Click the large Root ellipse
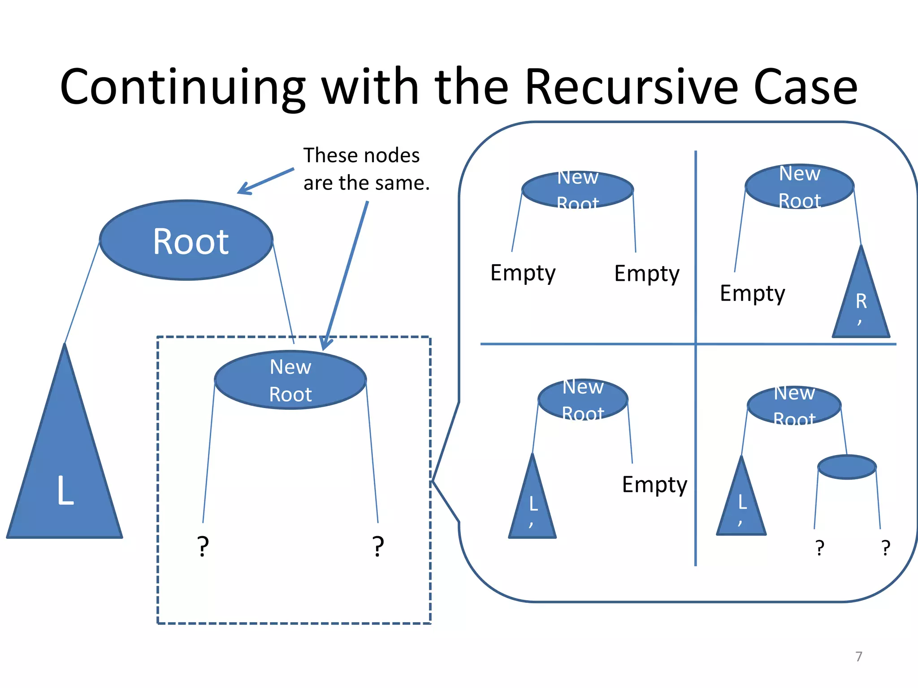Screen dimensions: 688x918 tap(186, 241)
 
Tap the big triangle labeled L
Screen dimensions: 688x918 tap(65, 470)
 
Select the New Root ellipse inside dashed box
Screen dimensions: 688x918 tap(290, 380)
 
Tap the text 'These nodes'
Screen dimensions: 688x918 tap(361, 155)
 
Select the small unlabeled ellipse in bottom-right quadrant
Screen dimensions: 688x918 tap(847, 467)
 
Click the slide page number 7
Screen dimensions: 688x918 tap(858, 656)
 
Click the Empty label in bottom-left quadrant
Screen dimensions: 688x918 tap(654, 485)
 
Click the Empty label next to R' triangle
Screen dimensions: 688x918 tap(752, 294)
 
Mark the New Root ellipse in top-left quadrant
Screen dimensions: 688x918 tap(578, 190)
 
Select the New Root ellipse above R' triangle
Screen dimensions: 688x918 tap(799, 186)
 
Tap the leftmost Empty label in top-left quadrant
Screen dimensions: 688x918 tap(523, 273)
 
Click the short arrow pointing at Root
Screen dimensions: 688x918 tap(265, 181)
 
